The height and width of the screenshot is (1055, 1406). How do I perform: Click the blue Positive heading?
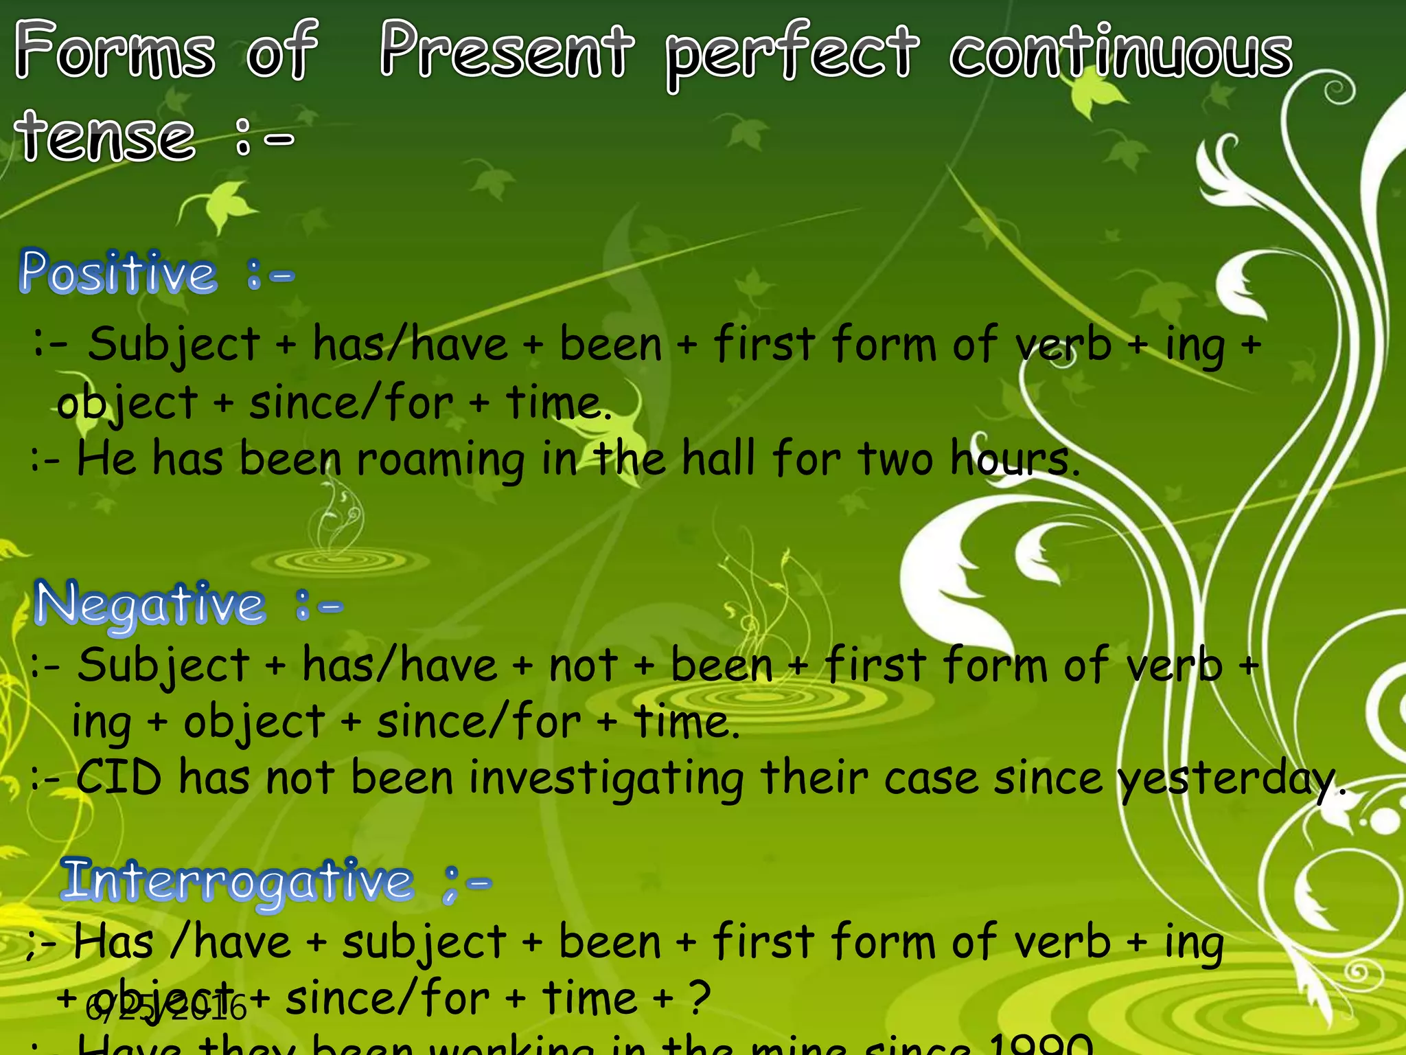118,273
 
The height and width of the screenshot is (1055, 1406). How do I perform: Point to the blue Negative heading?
150,605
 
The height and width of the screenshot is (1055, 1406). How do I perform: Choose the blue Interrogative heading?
238,882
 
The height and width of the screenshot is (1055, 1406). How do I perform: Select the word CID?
118,778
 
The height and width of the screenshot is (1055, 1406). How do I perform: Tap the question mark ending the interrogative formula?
699,998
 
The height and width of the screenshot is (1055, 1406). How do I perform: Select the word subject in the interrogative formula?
424,943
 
